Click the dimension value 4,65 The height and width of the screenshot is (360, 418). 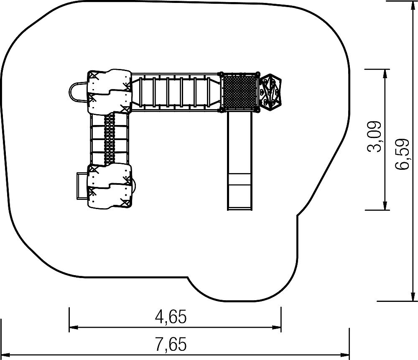pos(171,317)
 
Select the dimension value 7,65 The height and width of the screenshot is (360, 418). pos(171,344)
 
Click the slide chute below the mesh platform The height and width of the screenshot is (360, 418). pos(239,161)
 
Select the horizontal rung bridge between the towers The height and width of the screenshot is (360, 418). pos(175,92)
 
